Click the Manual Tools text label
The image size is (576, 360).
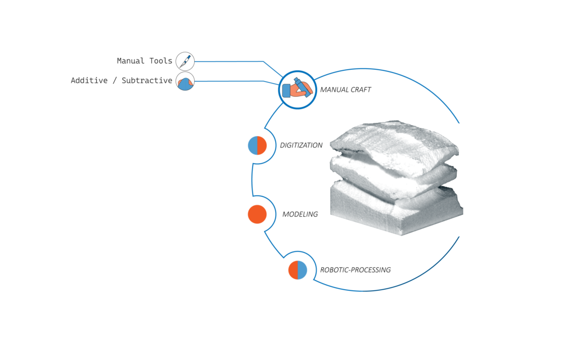click(145, 61)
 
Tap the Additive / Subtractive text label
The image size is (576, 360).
click(121, 80)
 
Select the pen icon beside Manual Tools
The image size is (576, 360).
click(185, 61)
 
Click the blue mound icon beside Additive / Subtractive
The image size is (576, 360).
click(185, 81)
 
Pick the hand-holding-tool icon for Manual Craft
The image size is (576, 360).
click(298, 89)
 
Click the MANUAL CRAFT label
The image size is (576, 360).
click(345, 89)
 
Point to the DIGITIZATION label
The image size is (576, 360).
click(301, 145)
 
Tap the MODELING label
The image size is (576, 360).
click(300, 214)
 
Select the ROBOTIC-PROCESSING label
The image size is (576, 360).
click(355, 270)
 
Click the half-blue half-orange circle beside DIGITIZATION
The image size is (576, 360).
click(257, 146)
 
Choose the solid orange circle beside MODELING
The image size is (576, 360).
click(257, 214)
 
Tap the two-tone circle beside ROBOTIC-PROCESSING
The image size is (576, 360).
click(298, 270)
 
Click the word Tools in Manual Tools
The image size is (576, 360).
click(160, 61)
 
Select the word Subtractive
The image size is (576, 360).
click(147, 80)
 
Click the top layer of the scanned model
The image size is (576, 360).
click(395, 141)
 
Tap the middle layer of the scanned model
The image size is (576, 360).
click(393, 176)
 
